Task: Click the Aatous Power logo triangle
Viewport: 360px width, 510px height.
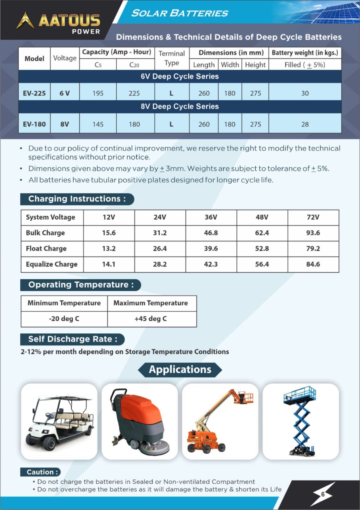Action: pyautogui.click(x=25, y=20)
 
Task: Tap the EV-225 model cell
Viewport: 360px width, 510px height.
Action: pyautogui.click(x=34, y=93)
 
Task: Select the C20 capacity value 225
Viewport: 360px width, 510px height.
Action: pyautogui.click(x=135, y=93)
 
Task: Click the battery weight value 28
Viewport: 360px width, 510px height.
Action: pyautogui.click(x=305, y=124)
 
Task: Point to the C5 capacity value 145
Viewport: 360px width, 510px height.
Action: pyautogui.click(x=98, y=124)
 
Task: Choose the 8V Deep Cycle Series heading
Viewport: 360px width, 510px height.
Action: pyautogui.click(x=180, y=106)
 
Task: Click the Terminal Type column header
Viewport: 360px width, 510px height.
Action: pyautogui.click(x=172, y=58)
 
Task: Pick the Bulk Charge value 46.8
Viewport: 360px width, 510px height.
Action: pyautogui.click(x=211, y=233)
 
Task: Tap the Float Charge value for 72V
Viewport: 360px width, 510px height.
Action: pyautogui.click(x=313, y=248)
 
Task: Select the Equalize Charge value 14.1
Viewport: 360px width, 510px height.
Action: pyautogui.click(x=109, y=264)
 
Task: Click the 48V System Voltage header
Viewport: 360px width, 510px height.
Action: pyautogui.click(x=262, y=217)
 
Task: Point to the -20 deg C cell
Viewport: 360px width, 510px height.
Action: pyautogui.click(x=64, y=319)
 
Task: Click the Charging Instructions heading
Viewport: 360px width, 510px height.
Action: pyautogui.click(x=77, y=199)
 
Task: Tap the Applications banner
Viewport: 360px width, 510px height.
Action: pyautogui.click(x=180, y=369)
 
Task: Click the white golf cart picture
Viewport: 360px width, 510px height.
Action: pyautogui.click(x=59, y=422)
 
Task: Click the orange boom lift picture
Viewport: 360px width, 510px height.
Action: pyautogui.click(x=219, y=422)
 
